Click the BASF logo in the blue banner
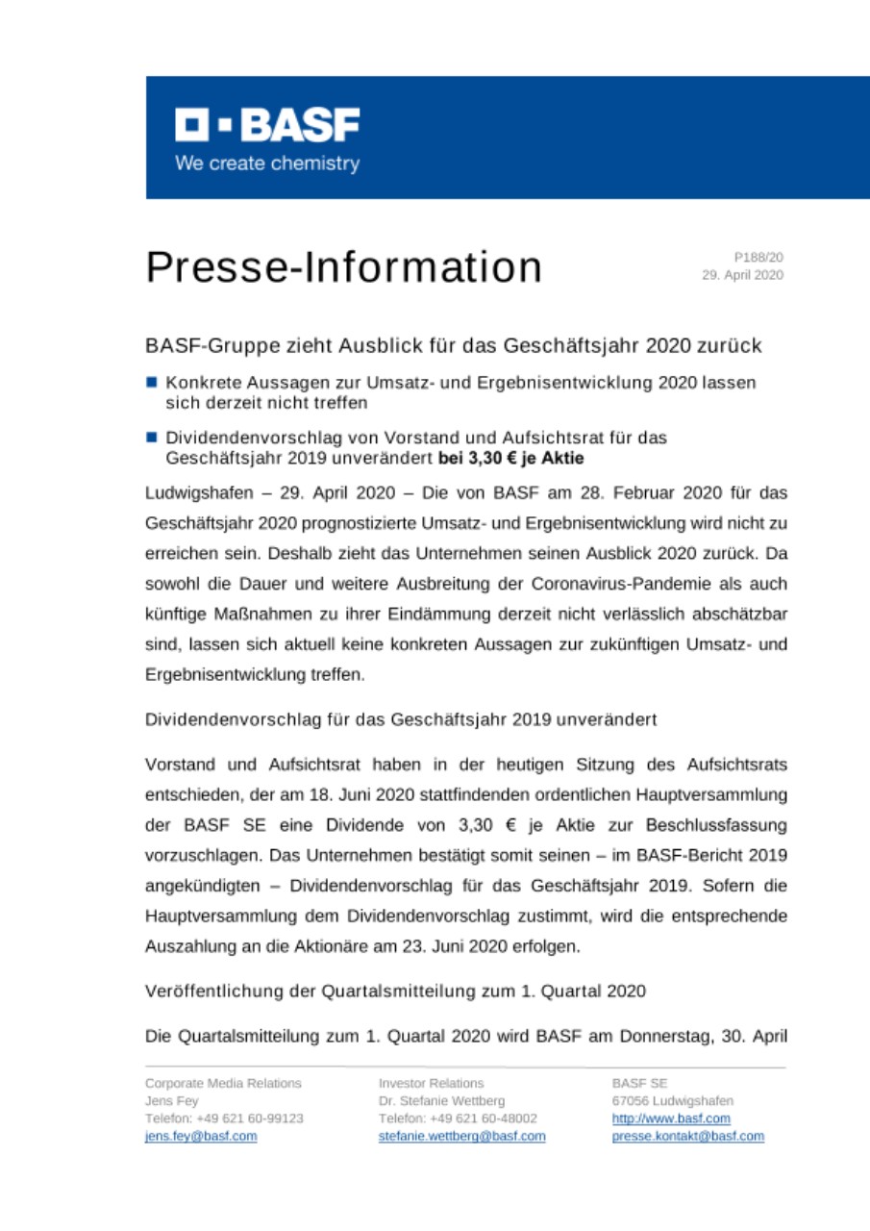tap(267, 125)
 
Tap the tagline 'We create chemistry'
tap(267, 163)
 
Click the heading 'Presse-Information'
tap(343, 267)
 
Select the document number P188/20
tap(758, 258)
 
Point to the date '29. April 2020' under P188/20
tap(743, 275)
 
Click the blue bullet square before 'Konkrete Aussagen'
tap(152, 382)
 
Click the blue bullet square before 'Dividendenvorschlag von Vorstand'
tap(152, 438)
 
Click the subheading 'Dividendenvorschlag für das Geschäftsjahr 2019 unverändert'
tap(400, 719)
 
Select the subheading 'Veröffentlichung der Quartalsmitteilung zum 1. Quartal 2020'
tap(394, 991)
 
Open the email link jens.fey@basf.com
tap(201, 1136)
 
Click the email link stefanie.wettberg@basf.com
tap(461, 1136)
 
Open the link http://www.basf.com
tap(671, 1118)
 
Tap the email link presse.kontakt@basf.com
tap(688, 1136)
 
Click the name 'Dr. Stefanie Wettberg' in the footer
tap(441, 1100)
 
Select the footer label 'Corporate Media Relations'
tap(223, 1083)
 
